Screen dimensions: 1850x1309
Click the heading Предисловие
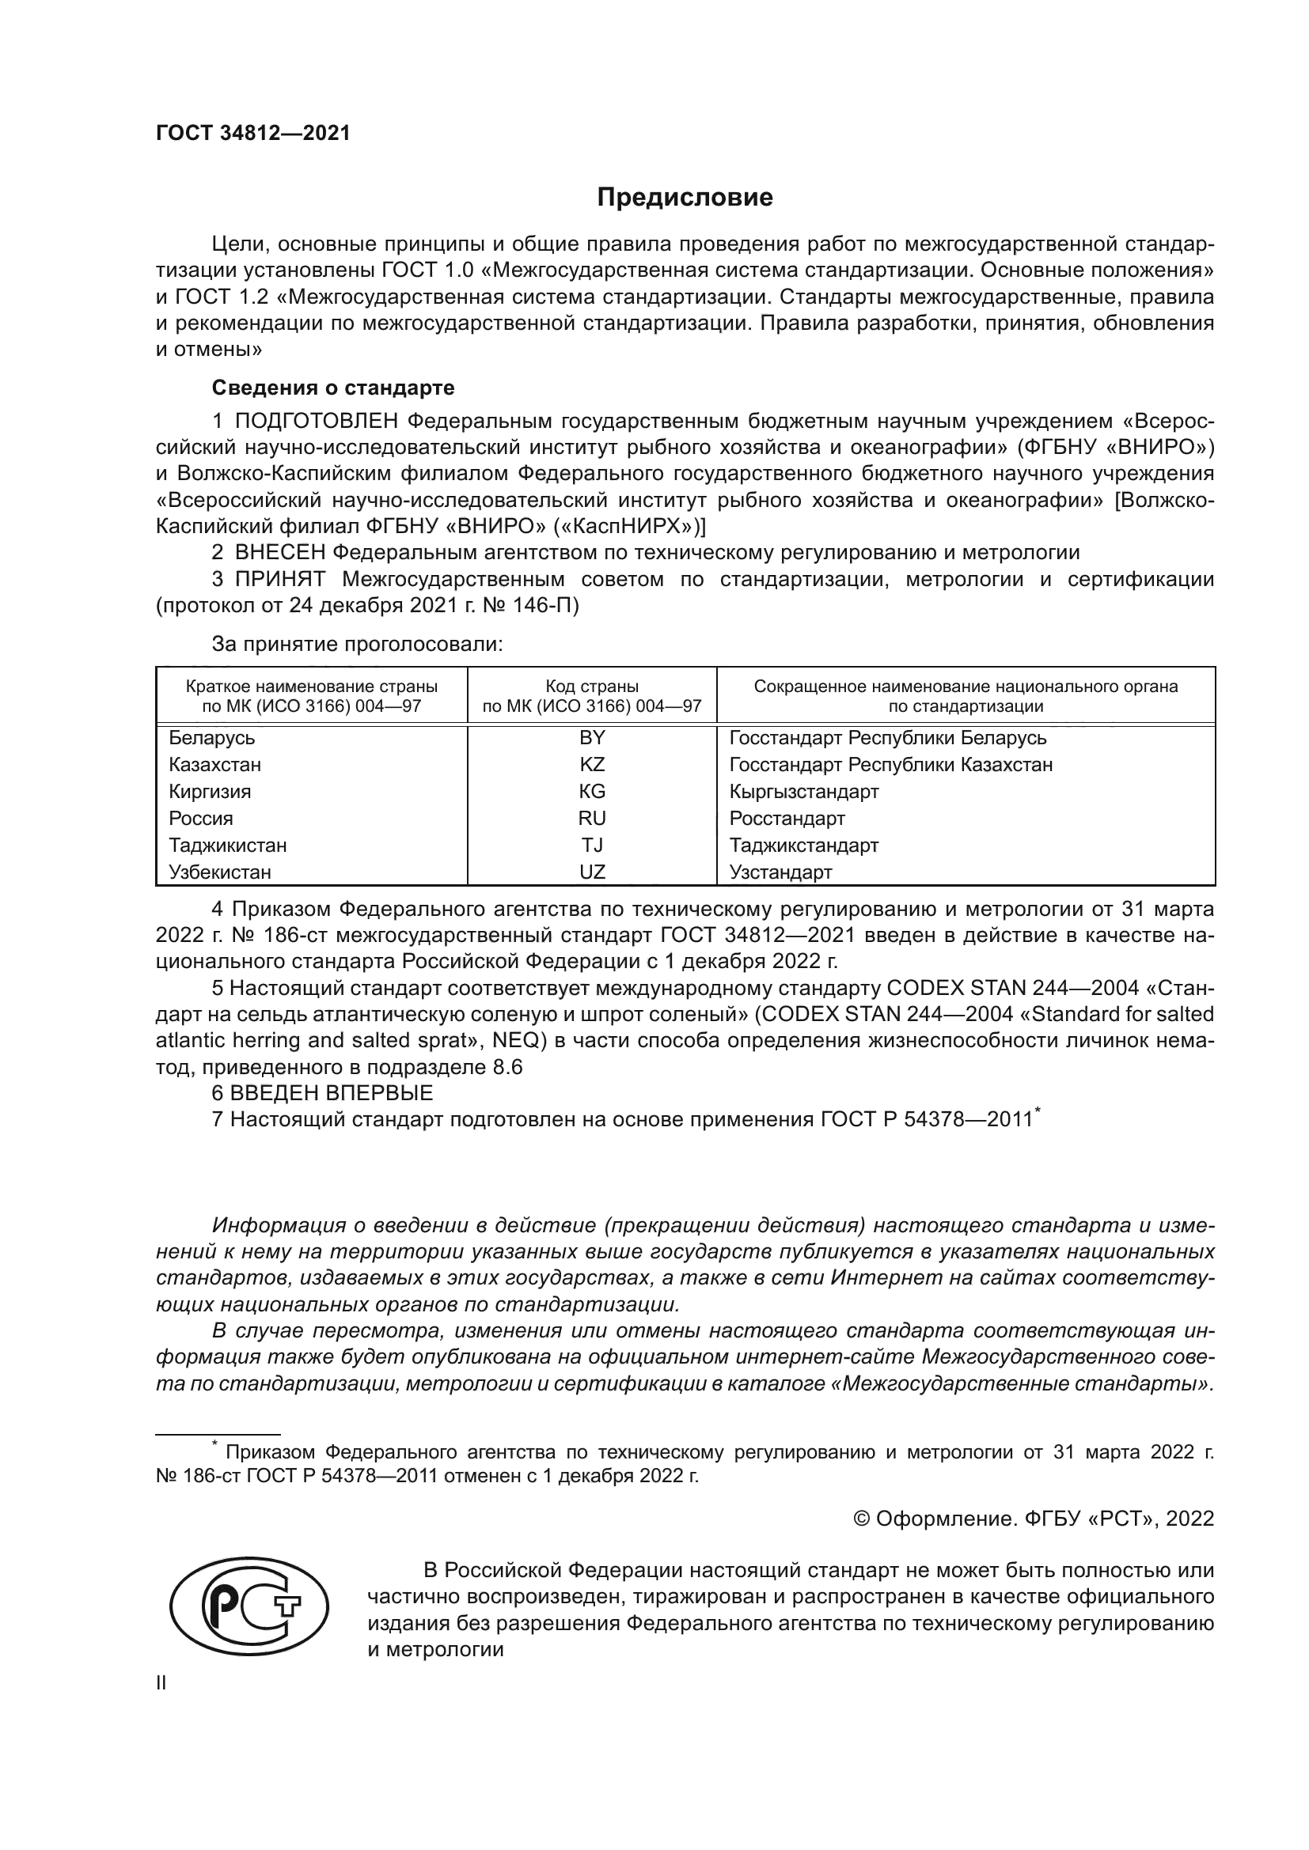pos(685,198)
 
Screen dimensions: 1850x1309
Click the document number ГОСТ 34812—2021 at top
pos(253,134)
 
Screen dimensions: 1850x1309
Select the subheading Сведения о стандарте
pos(333,388)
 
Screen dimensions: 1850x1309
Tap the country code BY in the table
pos(592,738)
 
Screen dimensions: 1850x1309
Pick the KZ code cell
pos(592,765)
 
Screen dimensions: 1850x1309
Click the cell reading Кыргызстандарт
pos(803,791)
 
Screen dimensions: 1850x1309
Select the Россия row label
pos(201,819)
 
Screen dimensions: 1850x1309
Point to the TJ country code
pos(592,846)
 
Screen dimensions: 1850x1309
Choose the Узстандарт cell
pos(780,872)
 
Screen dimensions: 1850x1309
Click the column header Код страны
pos(592,687)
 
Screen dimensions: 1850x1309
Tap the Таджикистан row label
pos(227,846)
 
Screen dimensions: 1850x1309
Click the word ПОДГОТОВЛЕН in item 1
pos(316,421)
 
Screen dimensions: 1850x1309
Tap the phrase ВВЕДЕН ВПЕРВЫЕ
pos(332,1093)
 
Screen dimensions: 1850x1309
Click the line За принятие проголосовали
pos(357,644)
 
